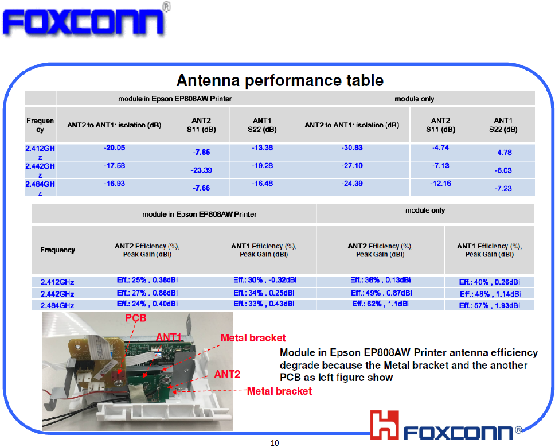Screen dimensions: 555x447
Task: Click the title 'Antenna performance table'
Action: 280,80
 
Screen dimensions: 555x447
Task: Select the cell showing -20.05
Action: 114,147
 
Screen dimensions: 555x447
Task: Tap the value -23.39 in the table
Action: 201,170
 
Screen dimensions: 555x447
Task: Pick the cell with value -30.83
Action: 352,147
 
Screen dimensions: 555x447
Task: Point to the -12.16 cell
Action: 440,184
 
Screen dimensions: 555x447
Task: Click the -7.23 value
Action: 503,188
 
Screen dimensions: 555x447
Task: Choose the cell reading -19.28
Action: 262,165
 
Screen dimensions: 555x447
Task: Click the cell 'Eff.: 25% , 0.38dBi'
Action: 147,280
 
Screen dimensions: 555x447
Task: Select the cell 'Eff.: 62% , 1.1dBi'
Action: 381,304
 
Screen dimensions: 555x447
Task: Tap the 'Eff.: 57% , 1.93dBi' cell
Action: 490,305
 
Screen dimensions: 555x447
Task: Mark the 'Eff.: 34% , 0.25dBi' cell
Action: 264,293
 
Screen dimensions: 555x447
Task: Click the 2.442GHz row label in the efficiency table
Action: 57,294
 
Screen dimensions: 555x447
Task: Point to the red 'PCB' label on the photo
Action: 136,318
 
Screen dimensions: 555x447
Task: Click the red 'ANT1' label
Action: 169,337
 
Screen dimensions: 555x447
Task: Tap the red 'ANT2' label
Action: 227,374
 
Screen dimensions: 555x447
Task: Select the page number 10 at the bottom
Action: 275,443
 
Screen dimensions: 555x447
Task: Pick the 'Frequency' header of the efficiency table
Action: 58,250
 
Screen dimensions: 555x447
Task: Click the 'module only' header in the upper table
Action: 415,99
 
